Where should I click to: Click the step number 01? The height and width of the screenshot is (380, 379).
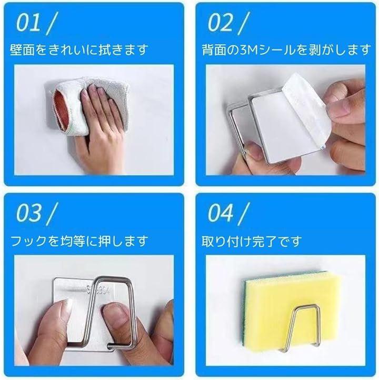coord(28,23)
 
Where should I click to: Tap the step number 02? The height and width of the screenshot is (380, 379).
coord(220,23)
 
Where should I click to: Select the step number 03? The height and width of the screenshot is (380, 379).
coord(28,213)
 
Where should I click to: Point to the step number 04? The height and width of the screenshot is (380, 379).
coord(220,213)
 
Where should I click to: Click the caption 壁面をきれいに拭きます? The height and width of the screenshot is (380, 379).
coord(79,49)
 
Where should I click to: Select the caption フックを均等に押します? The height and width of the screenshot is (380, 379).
coord(79,241)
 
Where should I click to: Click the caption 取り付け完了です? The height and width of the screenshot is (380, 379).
coord(252,241)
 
